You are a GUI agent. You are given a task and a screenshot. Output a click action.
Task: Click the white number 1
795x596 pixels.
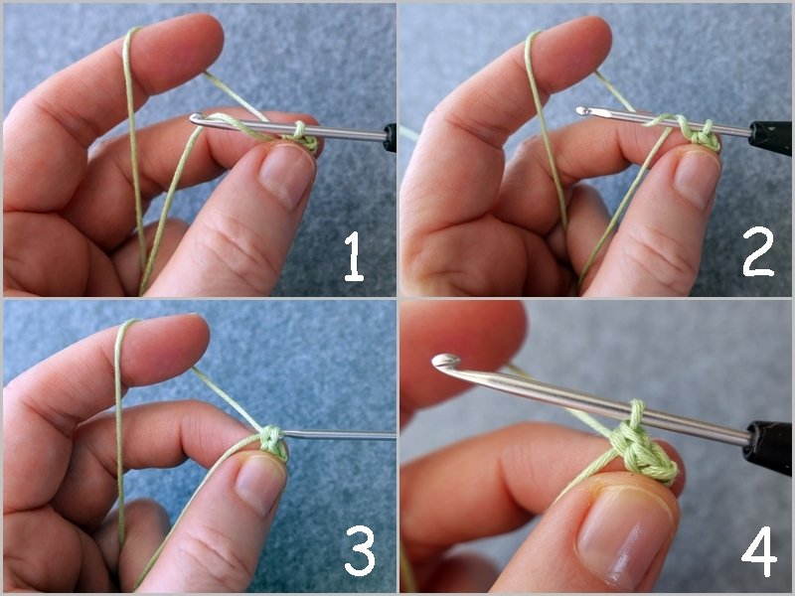pos(354,256)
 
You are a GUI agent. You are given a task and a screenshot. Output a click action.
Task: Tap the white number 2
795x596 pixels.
pos(758,252)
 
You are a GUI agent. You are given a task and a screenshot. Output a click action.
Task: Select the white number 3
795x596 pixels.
pos(360,550)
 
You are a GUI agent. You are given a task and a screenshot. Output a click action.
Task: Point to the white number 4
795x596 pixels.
pos(759,551)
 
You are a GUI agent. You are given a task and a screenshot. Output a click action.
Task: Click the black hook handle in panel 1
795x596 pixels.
pos(390,138)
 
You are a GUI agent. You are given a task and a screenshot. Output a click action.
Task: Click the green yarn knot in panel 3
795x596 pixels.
pos(272,440)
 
